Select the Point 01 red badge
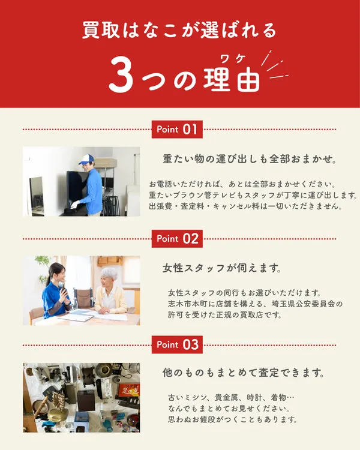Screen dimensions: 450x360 (x=177, y=129)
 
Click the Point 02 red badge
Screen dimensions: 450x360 (x=177, y=238)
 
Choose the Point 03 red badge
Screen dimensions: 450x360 (x=177, y=344)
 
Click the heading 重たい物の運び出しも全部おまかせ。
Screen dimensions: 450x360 (x=249, y=160)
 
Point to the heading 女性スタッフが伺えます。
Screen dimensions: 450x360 (x=223, y=267)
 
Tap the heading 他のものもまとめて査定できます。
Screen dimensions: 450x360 (x=244, y=373)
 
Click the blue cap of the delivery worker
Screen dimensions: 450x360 (x=86, y=159)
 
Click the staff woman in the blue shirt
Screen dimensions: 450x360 (x=56, y=294)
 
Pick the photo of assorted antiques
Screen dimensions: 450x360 (x=81, y=397)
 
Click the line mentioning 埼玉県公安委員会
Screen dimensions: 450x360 (x=255, y=304)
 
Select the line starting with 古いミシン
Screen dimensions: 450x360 (x=230, y=398)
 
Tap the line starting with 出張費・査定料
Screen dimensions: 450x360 (x=245, y=206)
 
